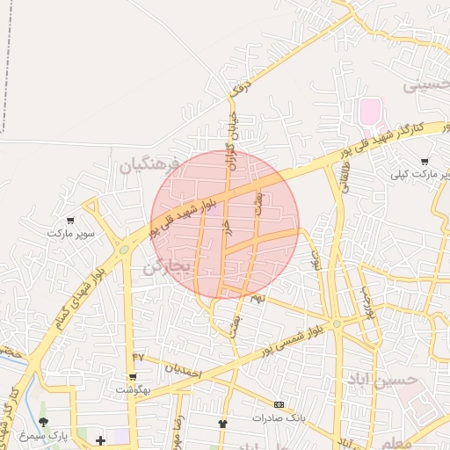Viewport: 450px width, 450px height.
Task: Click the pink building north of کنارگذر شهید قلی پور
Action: click(370, 112)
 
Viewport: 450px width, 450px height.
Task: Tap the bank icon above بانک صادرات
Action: click(279, 404)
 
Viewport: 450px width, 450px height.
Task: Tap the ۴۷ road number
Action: click(138, 356)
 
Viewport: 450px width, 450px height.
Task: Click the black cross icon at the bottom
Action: click(100, 440)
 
